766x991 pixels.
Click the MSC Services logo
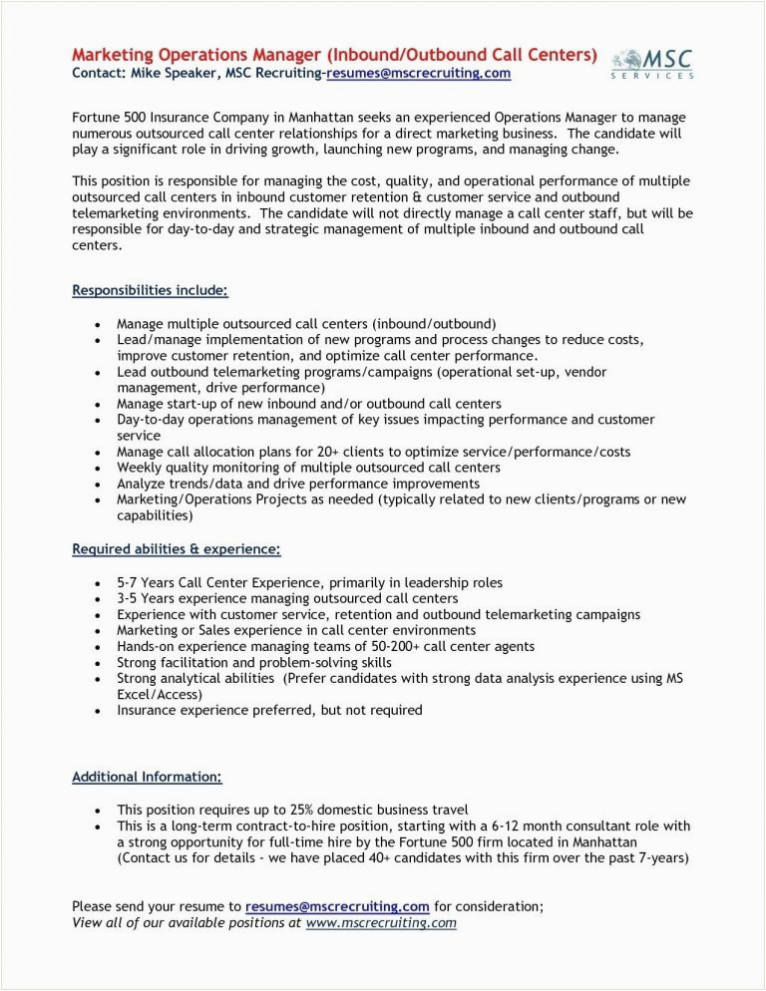point(652,63)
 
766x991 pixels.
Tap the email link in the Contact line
point(419,73)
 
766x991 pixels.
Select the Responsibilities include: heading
point(150,290)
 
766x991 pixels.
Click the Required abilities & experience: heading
point(176,548)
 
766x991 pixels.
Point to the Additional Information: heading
point(147,776)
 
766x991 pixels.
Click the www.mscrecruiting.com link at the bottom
point(381,922)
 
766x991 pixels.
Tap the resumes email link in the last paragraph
point(337,906)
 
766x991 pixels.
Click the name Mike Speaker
point(162,73)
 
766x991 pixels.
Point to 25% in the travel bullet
point(297,810)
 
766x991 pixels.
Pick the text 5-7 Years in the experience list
point(146,582)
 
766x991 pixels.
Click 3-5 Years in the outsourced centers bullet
point(146,598)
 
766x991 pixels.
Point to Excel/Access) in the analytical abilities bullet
point(160,694)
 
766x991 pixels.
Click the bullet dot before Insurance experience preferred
point(96,711)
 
